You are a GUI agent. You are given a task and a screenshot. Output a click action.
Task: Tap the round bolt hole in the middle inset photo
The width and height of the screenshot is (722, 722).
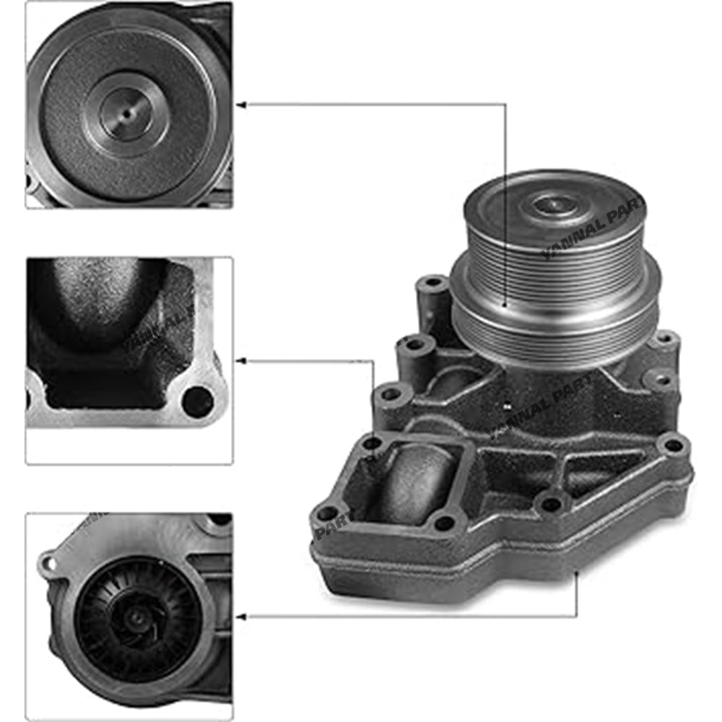tap(197, 402)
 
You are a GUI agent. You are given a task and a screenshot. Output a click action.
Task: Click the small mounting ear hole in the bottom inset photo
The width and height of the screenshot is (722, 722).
tap(48, 560)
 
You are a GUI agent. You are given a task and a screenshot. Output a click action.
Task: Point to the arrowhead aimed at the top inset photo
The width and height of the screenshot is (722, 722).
tap(243, 105)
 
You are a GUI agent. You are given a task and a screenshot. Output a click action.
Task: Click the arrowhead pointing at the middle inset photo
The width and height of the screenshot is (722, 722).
tap(243, 359)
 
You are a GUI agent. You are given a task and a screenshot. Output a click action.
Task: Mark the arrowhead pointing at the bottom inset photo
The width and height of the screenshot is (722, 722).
tap(243, 616)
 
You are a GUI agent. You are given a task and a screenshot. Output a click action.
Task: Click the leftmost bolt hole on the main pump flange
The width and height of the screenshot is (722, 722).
tap(326, 513)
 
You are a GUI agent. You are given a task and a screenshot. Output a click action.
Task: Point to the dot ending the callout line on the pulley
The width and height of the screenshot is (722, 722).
tap(505, 308)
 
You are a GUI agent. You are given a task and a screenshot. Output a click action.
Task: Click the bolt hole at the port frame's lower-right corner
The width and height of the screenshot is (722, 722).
tap(445, 521)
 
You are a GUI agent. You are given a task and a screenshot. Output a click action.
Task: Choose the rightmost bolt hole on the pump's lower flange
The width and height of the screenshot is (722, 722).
tap(673, 445)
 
